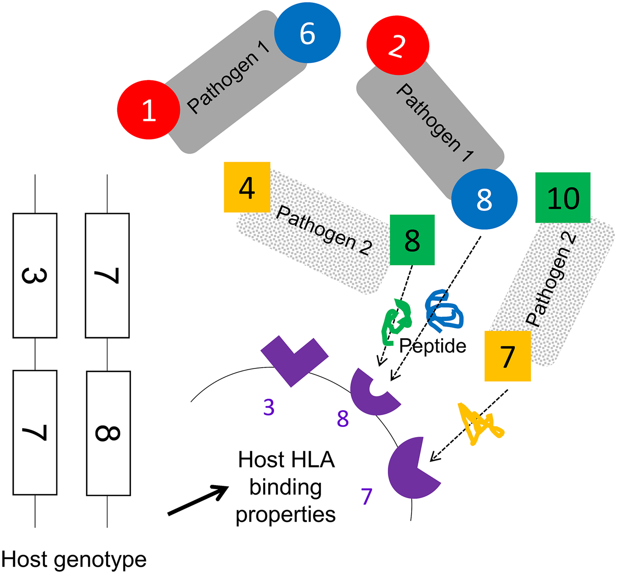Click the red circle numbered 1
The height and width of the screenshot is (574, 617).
(149, 110)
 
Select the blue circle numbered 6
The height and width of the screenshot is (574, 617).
(307, 33)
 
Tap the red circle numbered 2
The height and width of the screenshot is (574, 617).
(398, 46)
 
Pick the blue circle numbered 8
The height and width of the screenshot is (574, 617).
(484, 199)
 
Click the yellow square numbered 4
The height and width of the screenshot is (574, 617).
(247, 187)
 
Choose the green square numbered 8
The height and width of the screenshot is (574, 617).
(412, 240)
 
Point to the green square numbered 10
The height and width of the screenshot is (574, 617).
(563, 198)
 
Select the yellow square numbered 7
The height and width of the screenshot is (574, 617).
(507, 356)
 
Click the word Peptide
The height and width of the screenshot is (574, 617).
(432, 346)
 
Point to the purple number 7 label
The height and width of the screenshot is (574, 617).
(367, 497)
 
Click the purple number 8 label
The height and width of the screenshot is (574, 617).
(343, 419)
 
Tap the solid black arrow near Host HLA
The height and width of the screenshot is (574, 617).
(198, 500)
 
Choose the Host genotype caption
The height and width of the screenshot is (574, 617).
(74, 560)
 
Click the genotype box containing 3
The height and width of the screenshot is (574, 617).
(35, 276)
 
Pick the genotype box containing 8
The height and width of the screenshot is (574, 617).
(108, 433)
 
